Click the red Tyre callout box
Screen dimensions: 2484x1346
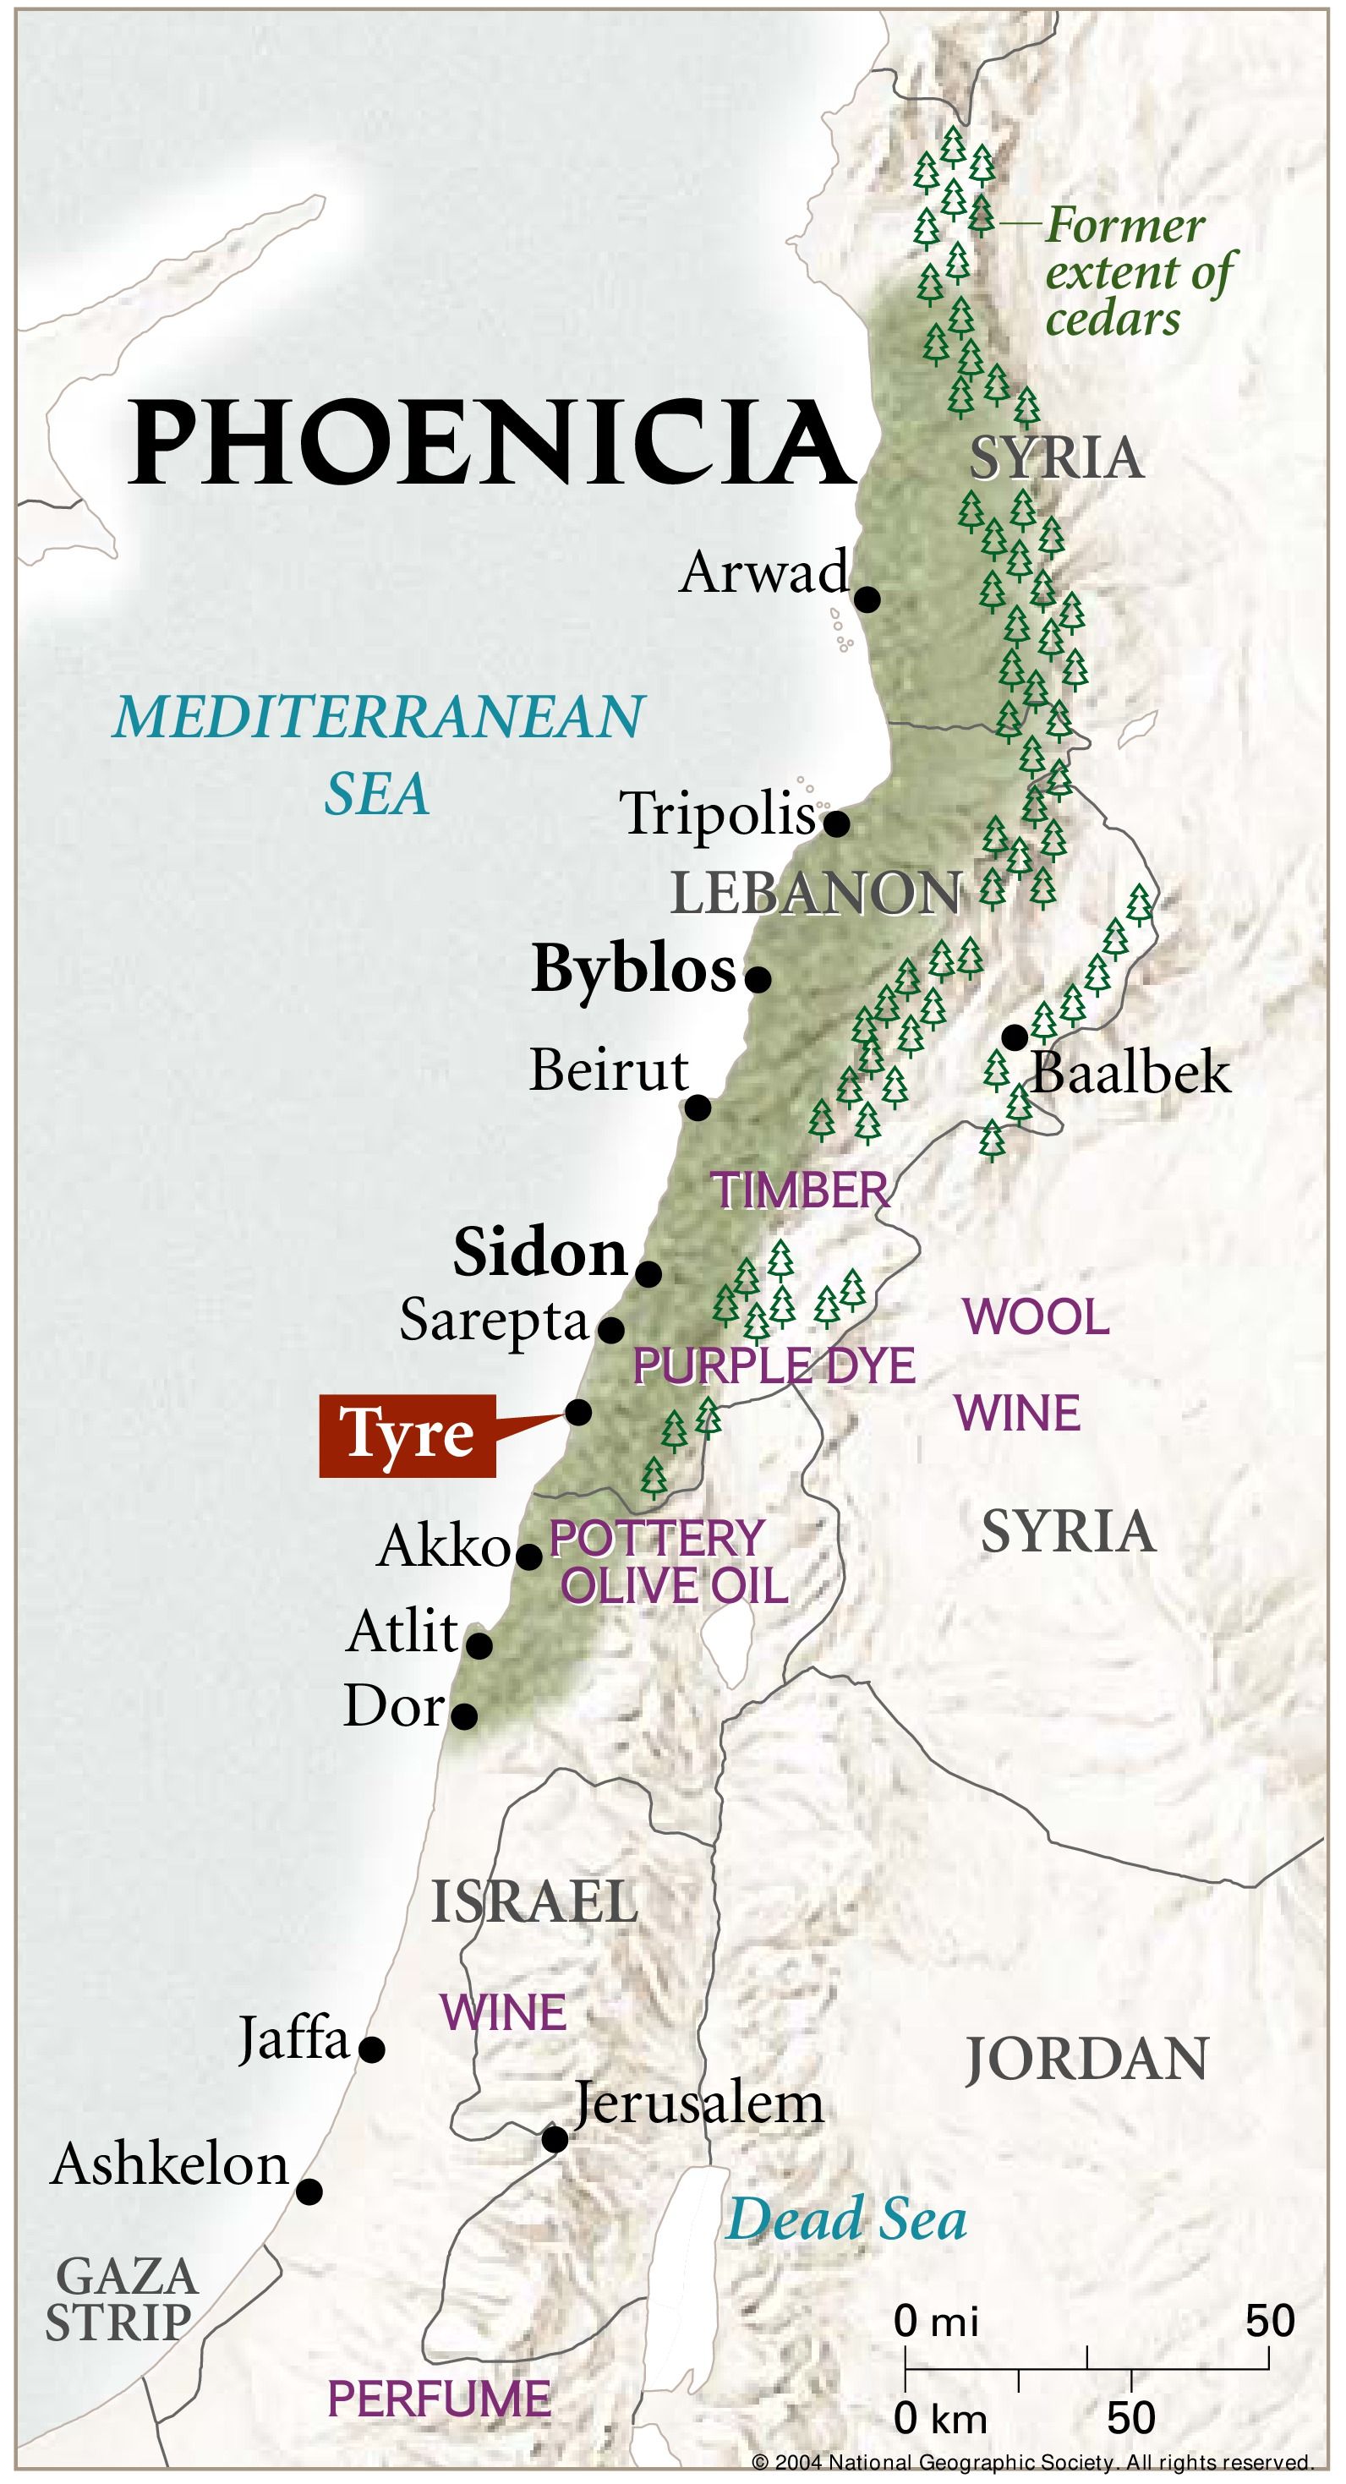tap(407, 1436)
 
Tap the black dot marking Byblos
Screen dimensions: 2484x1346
tap(758, 980)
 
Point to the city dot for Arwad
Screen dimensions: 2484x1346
tap(867, 599)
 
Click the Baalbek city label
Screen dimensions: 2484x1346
tap(1131, 1073)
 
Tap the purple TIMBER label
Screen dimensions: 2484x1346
tap(801, 1191)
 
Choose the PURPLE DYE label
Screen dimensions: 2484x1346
tap(774, 1366)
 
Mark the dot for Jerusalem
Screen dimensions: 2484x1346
tap(555, 2140)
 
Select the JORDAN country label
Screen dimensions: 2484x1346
tap(1086, 2060)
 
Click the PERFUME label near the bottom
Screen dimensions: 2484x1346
tap(439, 2399)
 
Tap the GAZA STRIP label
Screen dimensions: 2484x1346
tap(122, 2299)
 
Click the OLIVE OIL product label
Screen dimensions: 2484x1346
tap(675, 1586)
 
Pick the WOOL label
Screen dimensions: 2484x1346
tap(1037, 1317)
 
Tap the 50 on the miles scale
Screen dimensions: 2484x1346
tap(1269, 2321)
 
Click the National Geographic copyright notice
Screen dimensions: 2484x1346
tap(1031, 2462)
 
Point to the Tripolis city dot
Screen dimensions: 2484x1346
tap(836, 823)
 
